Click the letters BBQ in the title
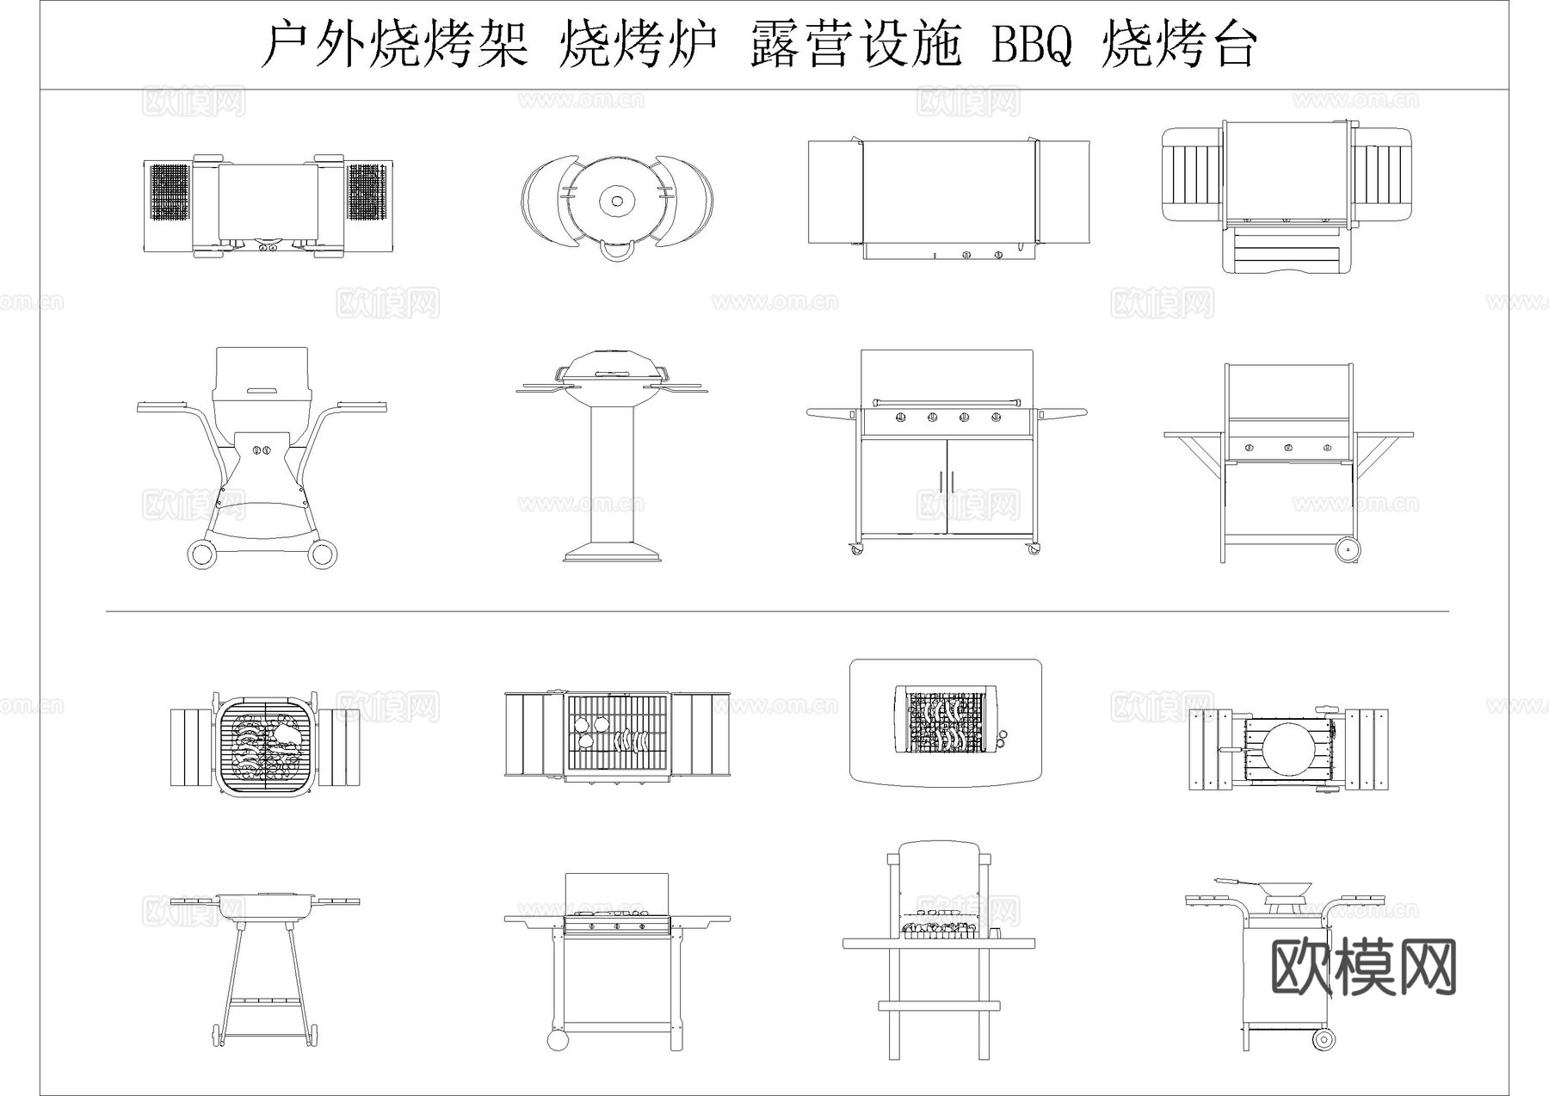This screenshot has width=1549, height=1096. (1032, 45)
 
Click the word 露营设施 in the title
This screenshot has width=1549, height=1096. (855, 45)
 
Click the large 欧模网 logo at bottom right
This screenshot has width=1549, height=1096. (1363, 967)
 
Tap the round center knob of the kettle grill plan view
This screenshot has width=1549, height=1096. (617, 201)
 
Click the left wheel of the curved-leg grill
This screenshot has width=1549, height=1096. (201, 554)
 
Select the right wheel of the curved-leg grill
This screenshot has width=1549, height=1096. (323, 554)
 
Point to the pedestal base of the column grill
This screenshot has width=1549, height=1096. (613, 552)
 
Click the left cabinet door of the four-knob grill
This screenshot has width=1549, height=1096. (904, 486)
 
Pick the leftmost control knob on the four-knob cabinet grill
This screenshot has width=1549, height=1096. (901, 418)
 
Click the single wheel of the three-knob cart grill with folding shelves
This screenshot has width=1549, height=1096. (1347, 548)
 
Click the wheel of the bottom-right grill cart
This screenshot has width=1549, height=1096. (1324, 1039)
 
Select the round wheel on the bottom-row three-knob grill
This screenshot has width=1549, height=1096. (558, 1040)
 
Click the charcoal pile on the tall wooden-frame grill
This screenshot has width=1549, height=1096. (939, 929)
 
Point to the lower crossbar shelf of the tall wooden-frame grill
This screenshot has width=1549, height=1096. (939, 1005)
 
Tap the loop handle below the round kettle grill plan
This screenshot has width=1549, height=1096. (617, 251)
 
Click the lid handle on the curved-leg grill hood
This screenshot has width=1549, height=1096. (262, 392)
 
